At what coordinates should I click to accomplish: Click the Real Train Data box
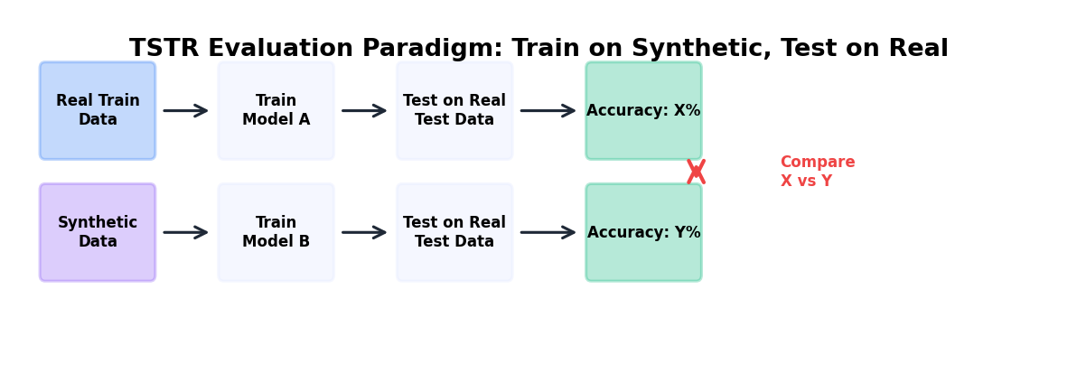[98, 110]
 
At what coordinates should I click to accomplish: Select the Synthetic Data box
[98, 232]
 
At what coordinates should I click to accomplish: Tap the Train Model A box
[276, 110]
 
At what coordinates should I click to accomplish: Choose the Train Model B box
[276, 232]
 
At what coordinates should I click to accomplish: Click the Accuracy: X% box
[643, 110]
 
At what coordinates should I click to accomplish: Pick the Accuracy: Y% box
[643, 232]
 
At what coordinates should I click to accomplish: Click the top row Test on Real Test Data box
[454, 110]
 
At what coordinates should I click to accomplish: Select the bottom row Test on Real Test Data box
[454, 232]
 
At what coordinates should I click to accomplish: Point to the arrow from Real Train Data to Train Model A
[186, 110]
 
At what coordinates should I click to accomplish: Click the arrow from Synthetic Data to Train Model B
[186, 232]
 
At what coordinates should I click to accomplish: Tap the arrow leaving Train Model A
[364, 110]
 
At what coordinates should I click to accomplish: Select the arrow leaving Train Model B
[364, 232]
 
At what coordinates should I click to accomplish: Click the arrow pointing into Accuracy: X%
[548, 110]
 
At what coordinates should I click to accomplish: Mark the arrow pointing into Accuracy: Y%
[548, 232]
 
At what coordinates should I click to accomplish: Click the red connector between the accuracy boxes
[696, 172]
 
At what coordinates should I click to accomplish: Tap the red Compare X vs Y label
[817, 172]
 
